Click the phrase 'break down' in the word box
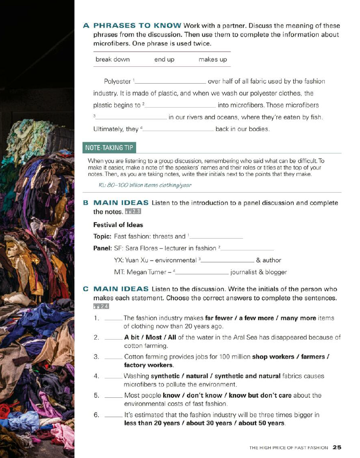tap(113, 60)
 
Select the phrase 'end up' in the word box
tap(164, 60)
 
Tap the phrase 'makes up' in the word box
tap(213, 60)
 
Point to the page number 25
tap(337, 447)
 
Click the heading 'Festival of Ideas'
tap(118, 225)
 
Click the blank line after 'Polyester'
tap(170, 82)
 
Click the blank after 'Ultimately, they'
tap(178, 130)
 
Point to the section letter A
tap(86, 26)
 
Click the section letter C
tap(86, 289)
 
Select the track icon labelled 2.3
tap(133, 212)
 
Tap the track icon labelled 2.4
tap(101, 306)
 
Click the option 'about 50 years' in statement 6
tap(261, 423)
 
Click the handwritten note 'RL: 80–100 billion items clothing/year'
tap(145, 185)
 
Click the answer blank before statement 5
tap(113, 396)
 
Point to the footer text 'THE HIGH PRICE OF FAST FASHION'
tap(289, 448)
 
